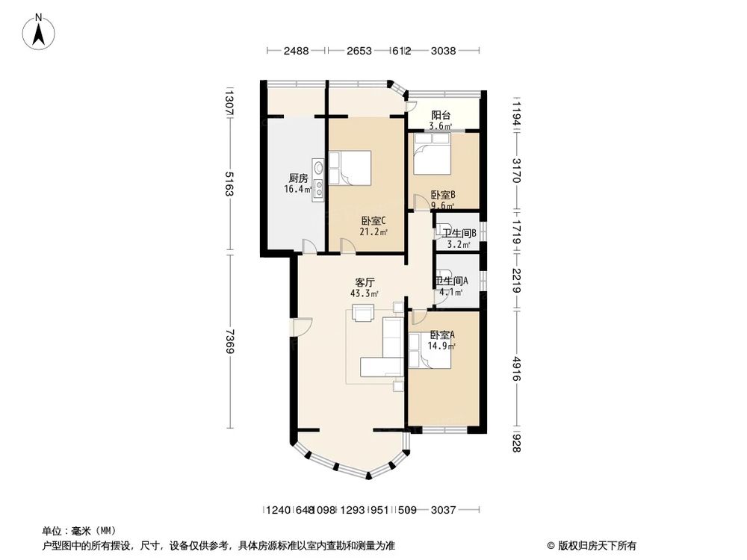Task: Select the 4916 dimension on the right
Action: (x=516, y=368)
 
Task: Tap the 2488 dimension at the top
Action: (x=296, y=51)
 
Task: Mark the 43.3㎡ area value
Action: (x=364, y=293)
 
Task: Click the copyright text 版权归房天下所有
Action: (x=595, y=545)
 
